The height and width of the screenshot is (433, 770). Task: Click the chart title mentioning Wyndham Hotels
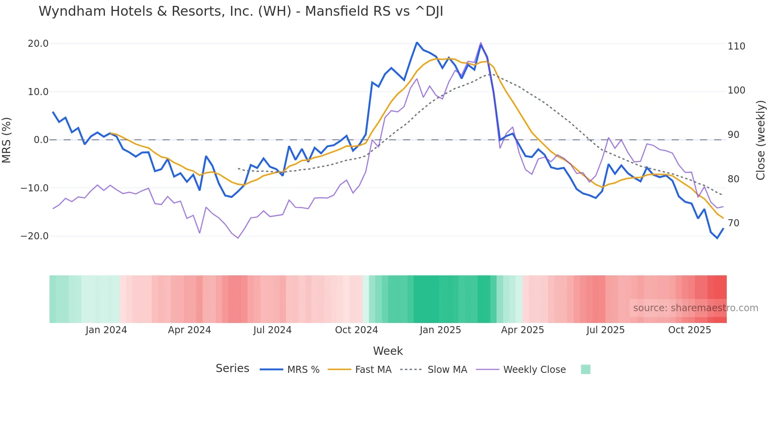tap(241, 11)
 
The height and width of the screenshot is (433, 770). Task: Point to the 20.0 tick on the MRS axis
tap(38, 44)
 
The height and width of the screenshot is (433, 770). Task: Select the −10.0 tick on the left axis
tap(35, 188)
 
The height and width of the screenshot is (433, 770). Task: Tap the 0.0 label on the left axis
tap(41, 140)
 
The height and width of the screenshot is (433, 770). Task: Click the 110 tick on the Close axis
tap(736, 46)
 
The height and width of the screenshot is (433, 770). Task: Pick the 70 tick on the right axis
tap(733, 223)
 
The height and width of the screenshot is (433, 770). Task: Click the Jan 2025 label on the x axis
tap(440, 330)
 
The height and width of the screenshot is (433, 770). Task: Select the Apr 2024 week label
tap(189, 330)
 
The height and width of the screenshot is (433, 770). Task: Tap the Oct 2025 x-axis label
tap(689, 330)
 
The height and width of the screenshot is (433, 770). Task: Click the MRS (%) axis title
tap(7, 140)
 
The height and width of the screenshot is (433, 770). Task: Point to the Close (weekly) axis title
tap(761, 140)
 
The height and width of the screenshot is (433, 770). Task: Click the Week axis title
tap(388, 351)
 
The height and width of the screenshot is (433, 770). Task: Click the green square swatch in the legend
tap(585, 369)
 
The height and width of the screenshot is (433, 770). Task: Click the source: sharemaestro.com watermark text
tap(695, 308)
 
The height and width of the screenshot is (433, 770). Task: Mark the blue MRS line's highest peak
tap(417, 42)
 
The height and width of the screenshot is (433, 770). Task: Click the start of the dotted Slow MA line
tap(238, 168)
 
